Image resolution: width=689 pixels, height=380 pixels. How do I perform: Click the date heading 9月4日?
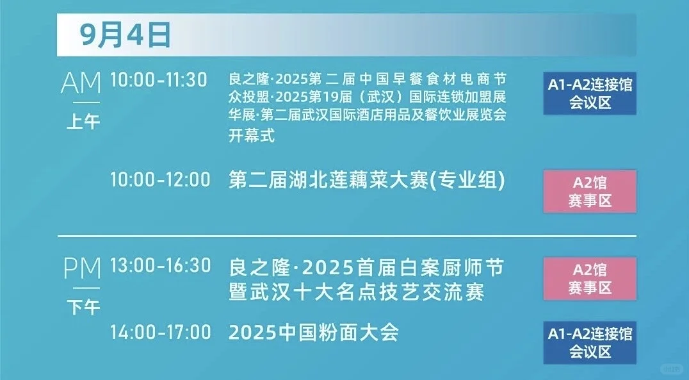point(126,35)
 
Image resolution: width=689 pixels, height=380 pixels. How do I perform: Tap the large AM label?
point(81,83)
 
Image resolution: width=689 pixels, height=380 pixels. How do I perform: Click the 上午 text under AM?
point(83,120)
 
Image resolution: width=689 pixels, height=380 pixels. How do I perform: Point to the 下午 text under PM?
point(83,307)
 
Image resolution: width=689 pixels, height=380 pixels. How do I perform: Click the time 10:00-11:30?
point(159,80)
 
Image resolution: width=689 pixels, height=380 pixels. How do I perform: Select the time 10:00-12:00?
point(159,180)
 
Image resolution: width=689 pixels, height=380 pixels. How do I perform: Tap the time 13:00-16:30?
point(159,265)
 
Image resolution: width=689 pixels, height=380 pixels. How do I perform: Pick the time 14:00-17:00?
point(159,333)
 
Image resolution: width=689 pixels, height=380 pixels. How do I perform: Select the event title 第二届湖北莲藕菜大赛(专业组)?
point(367,180)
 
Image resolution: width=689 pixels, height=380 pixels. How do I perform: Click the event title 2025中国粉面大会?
point(314,333)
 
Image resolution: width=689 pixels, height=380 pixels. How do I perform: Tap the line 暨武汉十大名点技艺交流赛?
point(356,292)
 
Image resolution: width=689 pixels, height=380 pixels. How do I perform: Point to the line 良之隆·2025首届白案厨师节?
point(362,265)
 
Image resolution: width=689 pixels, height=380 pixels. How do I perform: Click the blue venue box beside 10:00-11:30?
point(590,94)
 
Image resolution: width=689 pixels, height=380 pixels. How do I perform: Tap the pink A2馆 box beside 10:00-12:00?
point(590,191)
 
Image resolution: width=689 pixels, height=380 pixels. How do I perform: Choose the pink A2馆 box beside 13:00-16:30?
point(590,279)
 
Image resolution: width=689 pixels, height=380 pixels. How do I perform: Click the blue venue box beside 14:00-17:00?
point(590,343)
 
